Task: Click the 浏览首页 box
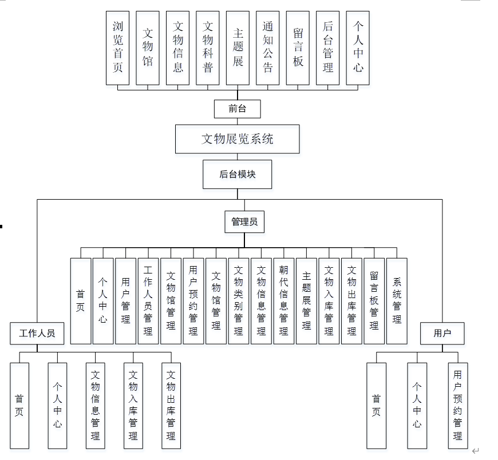tap(118, 47)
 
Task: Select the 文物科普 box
tap(208, 47)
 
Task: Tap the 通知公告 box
tap(267, 47)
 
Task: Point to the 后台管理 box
tap(327, 47)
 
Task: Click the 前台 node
tap(238, 108)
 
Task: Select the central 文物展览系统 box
tap(238, 139)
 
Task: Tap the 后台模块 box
tap(238, 174)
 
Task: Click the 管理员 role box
tap(244, 222)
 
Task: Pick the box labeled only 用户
tap(442, 333)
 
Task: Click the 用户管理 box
tap(125, 300)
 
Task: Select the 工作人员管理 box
tap(148, 300)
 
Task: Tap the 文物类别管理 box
tap(239, 300)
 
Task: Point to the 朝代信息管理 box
tap(284, 300)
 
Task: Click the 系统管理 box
tap(397, 300)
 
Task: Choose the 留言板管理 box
tap(374, 300)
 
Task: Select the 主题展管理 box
tap(306, 300)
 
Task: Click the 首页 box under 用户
tap(376, 405)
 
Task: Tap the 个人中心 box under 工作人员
tap(57, 405)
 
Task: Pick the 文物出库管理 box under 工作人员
tap(171, 405)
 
